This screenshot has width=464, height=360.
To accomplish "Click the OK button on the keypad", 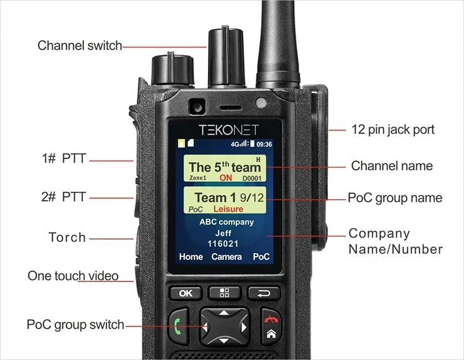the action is tap(186, 293).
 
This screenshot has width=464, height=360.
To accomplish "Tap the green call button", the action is tap(178, 326).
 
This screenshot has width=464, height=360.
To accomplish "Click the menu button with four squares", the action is tap(225, 293).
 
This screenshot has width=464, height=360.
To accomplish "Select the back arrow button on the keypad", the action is tap(264, 293).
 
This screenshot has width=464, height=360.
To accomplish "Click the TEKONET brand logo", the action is tap(229, 130).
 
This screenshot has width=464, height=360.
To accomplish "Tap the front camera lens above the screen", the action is tap(197, 106).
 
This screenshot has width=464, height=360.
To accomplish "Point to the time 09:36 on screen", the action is tap(264, 144).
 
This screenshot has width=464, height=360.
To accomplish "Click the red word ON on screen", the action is tap(225, 178).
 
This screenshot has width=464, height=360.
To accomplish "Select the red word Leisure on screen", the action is tap(228, 209).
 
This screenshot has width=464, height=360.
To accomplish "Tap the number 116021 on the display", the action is tap(223, 244).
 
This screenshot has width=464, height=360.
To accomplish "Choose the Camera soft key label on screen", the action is tap(226, 257).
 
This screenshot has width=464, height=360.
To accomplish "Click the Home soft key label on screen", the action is tap(191, 257).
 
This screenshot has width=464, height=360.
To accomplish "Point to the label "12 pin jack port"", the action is tap(393, 129).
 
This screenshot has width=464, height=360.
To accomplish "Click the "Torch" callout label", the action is tap(67, 238).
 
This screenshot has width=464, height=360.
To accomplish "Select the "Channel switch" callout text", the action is tap(80, 46).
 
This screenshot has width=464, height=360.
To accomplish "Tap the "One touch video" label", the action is tap(73, 276).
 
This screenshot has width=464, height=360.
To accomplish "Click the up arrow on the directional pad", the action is tap(224, 312).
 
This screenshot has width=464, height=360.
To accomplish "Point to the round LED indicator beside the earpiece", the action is tap(261, 103).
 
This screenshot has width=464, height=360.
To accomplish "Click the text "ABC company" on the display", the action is tap(226, 222).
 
